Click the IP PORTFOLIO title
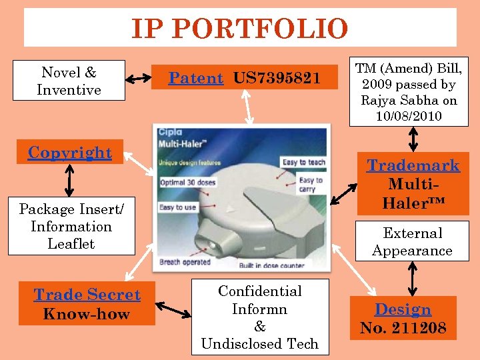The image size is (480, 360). coord(239,29)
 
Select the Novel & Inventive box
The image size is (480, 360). coord(69,81)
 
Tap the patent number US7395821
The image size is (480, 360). coord(277,79)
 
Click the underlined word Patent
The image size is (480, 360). coord(195,79)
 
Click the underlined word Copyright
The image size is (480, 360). coord(70,153)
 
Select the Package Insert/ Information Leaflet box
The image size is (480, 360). coord(71,227)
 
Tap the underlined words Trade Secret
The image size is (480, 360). coord(87,295)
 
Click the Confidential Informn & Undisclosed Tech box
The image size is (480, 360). coord(259,317)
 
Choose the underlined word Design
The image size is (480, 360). coord(403,310)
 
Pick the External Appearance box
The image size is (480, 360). coord(412,242)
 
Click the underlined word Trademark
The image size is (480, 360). coord(413,166)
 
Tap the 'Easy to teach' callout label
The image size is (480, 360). coord(303,162)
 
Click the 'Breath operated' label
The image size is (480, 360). coord(185,262)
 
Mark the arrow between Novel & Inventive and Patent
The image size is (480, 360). coord(139,79)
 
